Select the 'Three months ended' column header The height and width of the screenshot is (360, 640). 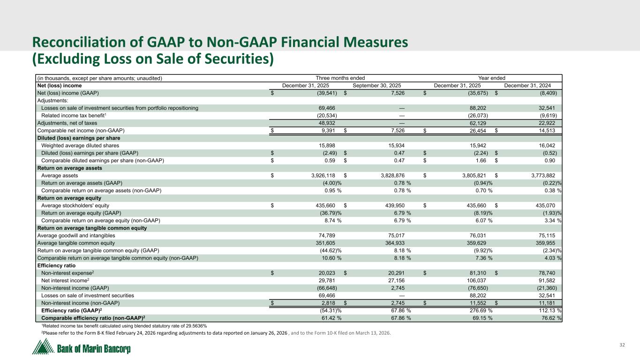tap(340, 78)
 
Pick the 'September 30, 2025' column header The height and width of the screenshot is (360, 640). tap(376, 85)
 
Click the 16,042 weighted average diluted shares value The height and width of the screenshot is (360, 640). tap(554, 145)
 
